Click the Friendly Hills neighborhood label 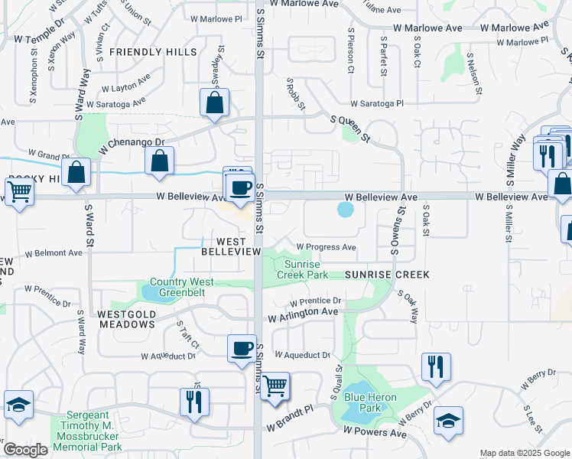153,52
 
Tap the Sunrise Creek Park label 302,269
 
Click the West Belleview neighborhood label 226,245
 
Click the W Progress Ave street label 327,247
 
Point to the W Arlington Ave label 303,314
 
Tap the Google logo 25,450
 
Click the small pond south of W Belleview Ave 346,208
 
